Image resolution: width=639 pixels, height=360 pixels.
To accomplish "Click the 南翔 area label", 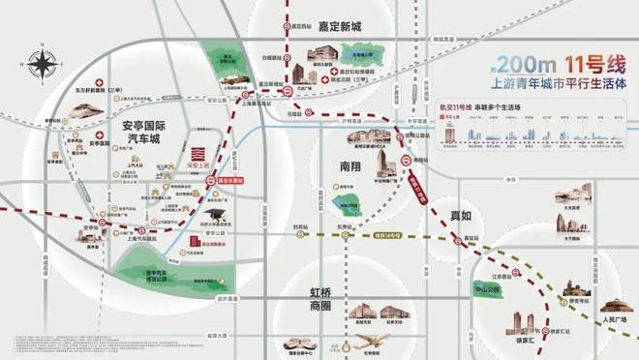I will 350,165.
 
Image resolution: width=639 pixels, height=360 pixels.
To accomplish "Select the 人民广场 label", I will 616,317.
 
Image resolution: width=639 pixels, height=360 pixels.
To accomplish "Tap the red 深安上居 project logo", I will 197,155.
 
